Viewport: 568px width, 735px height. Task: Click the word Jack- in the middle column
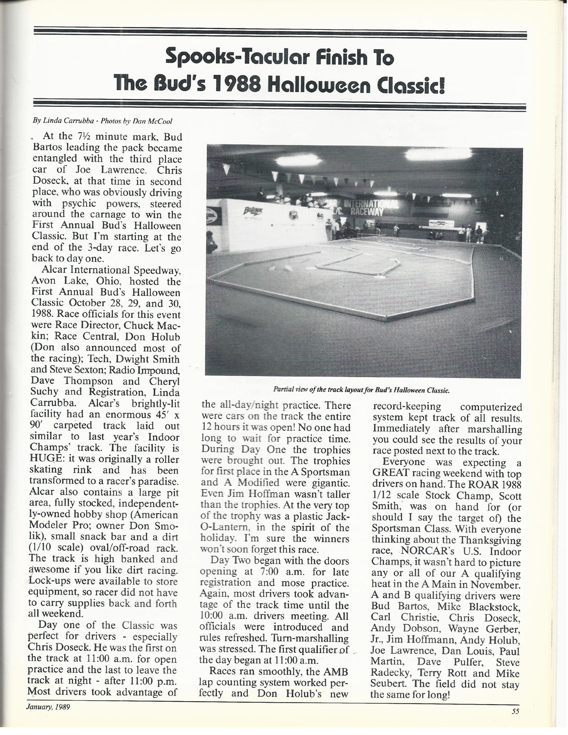pyautogui.click(x=337, y=516)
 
